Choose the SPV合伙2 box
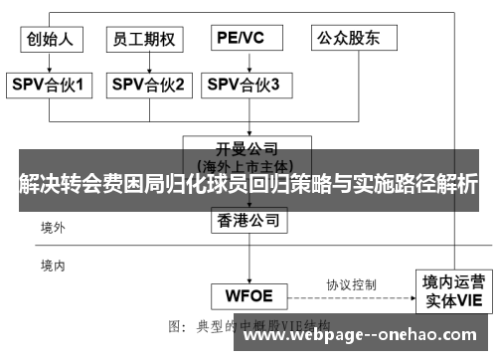pyautogui.click(x=148, y=86)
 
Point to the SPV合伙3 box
pyautogui.click(x=244, y=86)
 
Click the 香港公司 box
pyautogui.click(x=250, y=220)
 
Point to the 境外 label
pyautogui.click(x=53, y=228)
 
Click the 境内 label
pyautogui.click(x=53, y=266)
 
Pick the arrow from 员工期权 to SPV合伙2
pyautogui.click(x=146, y=62)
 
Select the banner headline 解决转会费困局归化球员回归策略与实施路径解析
pyautogui.click(x=248, y=183)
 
